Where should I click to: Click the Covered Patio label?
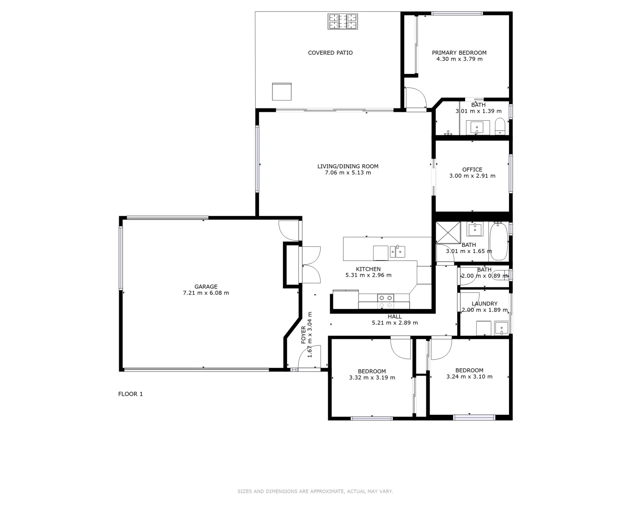coord(330,53)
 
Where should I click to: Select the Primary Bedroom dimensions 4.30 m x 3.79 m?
coord(459,59)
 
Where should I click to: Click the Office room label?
coord(472,170)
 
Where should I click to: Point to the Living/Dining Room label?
coord(348,166)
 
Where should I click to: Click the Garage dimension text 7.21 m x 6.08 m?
coord(206,293)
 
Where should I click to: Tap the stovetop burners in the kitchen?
coord(386,301)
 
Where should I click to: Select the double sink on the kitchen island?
coord(398,252)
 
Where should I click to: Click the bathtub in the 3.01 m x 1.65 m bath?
coord(498,241)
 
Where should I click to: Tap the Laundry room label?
coord(484,304)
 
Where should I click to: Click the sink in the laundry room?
coord(501,328)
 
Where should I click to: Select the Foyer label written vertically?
coord(303,335)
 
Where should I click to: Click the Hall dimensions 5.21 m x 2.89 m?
coord(394,323)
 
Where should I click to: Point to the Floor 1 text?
coord(130,394)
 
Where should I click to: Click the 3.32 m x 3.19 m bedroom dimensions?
coord(372,378)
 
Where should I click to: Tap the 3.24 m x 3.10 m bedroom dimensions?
coord(469,376)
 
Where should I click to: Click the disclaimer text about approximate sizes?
coord(315,491)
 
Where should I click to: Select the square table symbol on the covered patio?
coord(282,91)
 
